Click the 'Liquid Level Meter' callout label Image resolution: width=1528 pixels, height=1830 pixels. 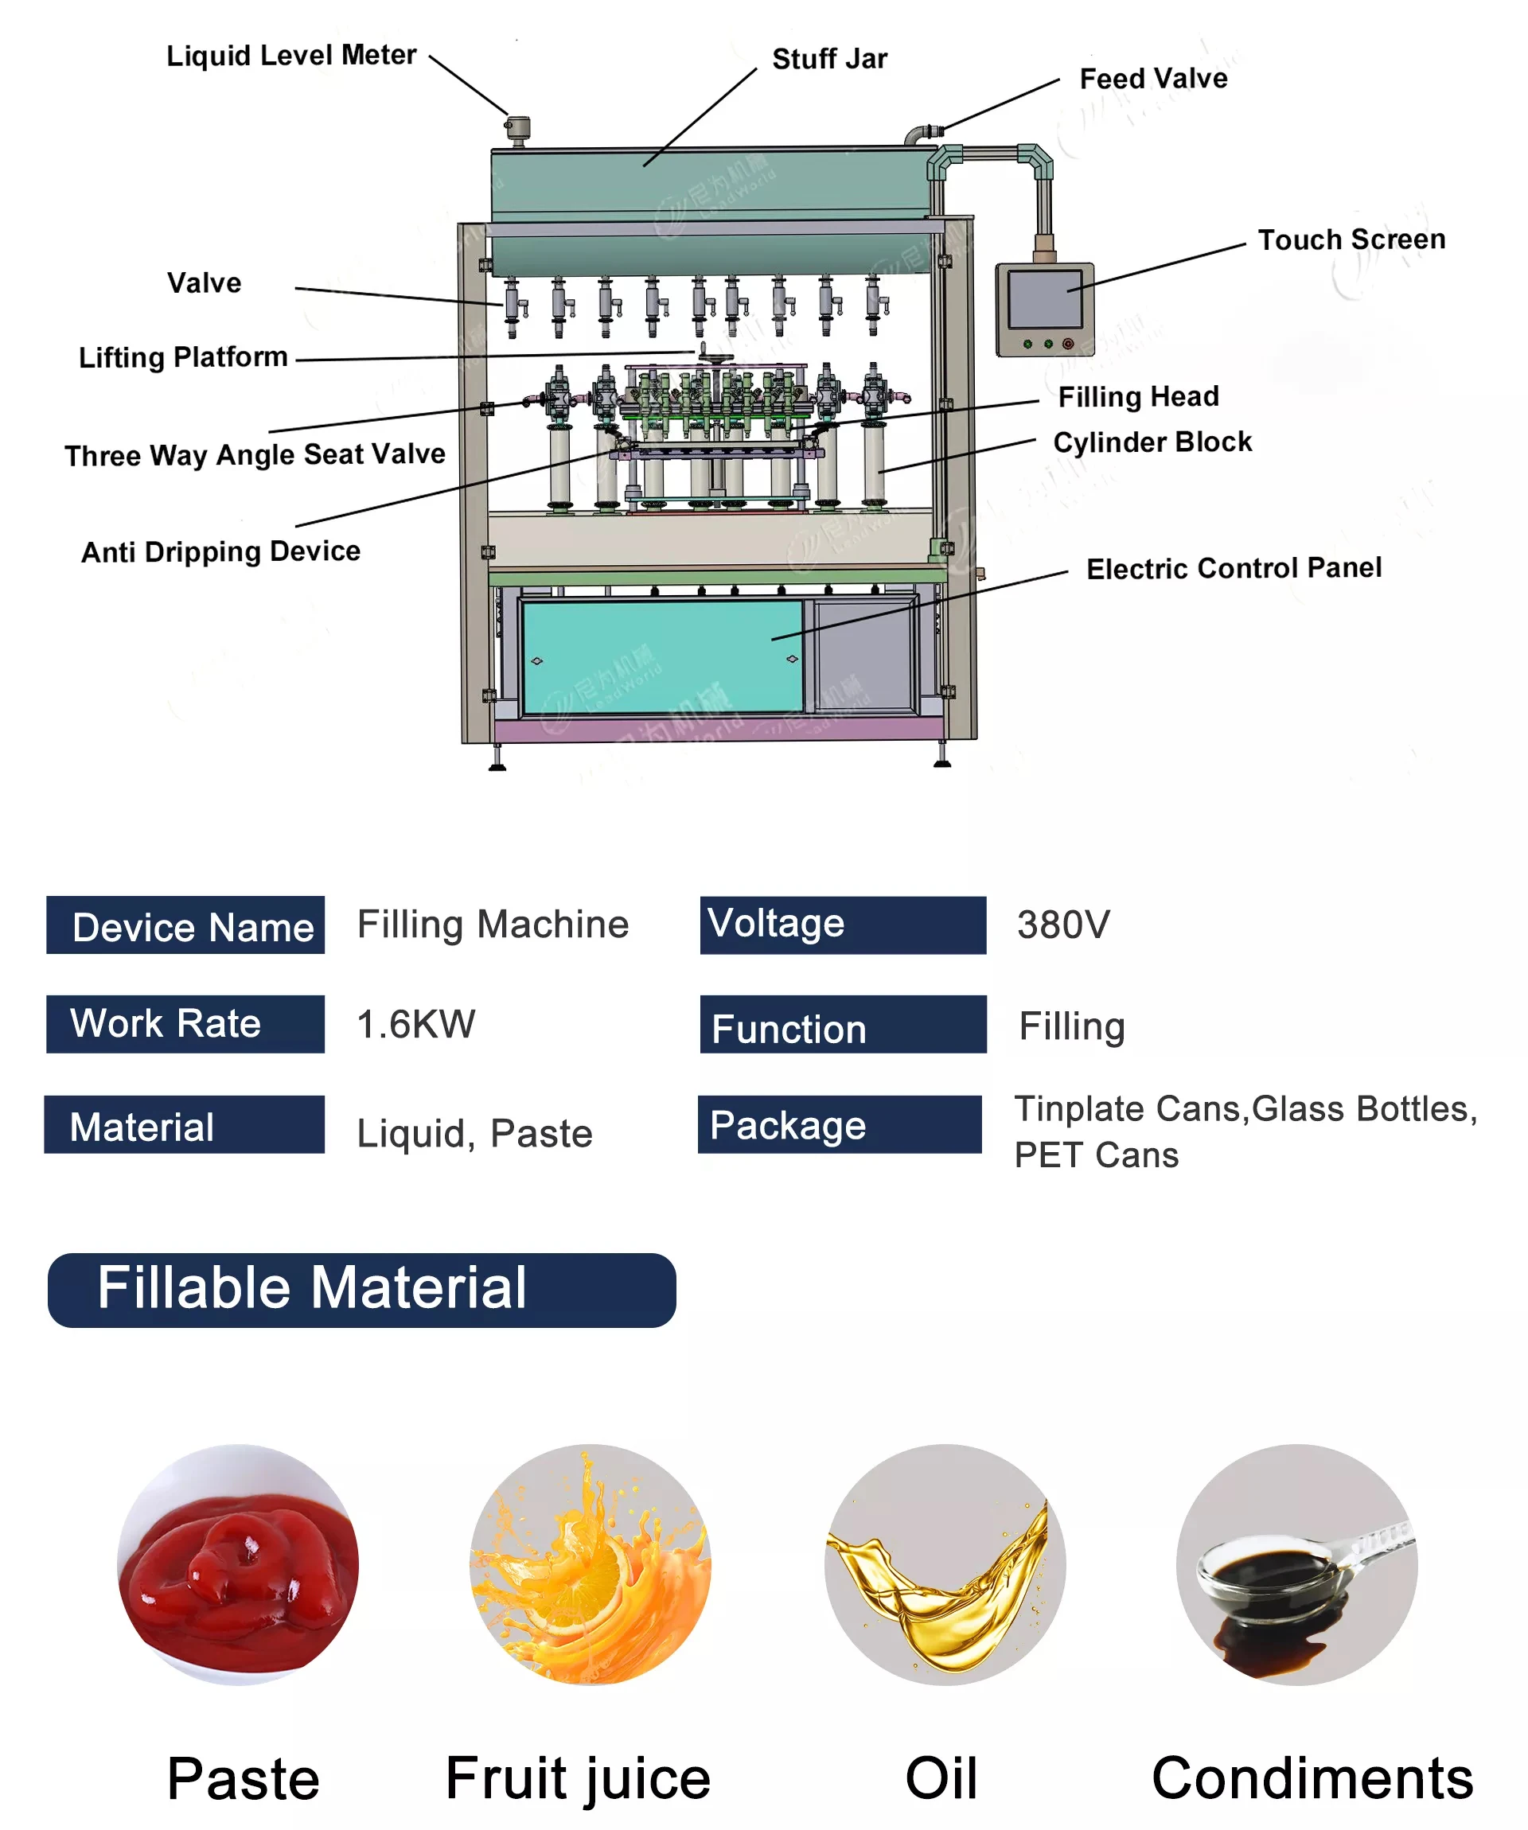[x=291, y=55]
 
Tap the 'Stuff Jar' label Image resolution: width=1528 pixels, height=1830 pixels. [x=829, y=59]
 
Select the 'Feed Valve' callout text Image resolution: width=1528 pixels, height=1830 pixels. [x=1152, y=80]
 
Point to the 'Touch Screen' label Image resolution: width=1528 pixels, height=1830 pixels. [x=1351, y=239]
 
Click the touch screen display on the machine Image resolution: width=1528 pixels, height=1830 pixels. [x=1043, y=299]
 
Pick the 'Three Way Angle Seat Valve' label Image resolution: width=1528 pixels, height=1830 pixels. [x=255, y=455]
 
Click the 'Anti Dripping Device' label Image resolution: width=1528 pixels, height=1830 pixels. [x=220, y=551]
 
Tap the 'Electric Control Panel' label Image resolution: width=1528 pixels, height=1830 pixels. [x=1233, y=569]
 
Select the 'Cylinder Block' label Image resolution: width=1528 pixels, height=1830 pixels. [x=1152, y=442]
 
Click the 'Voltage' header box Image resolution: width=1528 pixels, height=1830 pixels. [x=842, y=925]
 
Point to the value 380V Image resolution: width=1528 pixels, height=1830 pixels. [x=1062, y=925]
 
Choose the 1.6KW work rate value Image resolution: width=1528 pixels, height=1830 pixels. [x=415, y=1025]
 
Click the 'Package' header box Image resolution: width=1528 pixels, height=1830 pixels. [x=839, y=1125]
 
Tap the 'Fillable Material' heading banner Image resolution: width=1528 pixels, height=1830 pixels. [x=361, y=1290]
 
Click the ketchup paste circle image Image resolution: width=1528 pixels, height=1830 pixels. [x=238, y=1564]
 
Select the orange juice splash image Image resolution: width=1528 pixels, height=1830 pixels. [x=590, y=1564]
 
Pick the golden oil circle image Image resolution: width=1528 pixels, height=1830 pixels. [x=944, y=1564]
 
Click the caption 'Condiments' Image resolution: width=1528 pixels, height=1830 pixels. [x=1311, y=1778]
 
